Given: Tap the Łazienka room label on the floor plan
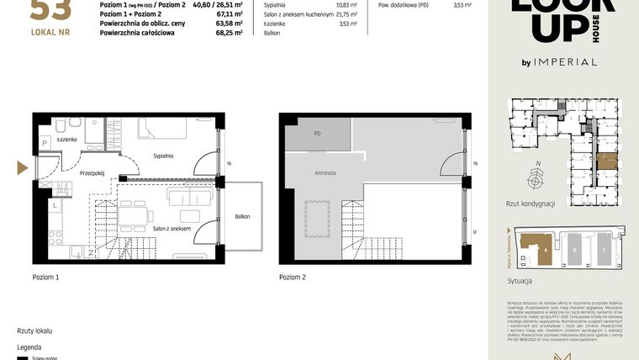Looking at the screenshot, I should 68,139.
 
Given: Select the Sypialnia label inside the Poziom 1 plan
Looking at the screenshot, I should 163,156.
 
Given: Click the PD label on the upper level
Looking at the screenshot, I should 317,134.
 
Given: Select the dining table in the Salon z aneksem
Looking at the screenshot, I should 136,216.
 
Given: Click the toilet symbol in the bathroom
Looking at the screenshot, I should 63,126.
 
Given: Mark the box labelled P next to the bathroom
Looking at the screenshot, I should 45,144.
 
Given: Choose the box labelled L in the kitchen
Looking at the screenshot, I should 55,204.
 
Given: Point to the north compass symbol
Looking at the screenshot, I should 534,179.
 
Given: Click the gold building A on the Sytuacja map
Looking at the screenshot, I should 534,247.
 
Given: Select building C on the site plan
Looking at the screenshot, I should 604,250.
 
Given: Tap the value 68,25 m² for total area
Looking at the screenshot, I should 230,34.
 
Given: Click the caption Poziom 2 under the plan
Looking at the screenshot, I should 293,277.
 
